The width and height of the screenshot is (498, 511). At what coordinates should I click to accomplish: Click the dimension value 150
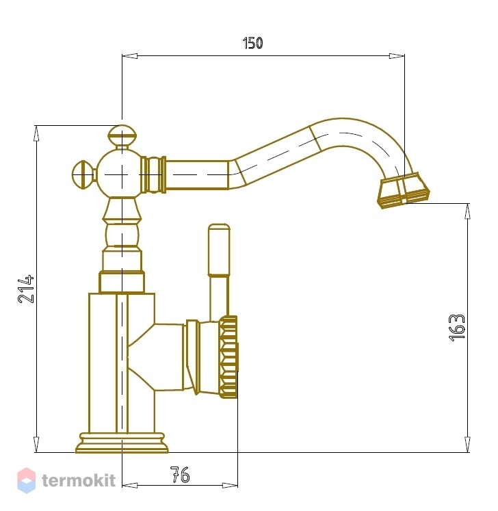click(x=252, y=43)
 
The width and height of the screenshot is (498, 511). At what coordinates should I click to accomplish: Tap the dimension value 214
click(x=26, y=289)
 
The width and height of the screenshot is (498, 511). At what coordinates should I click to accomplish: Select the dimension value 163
click(x=456, y=328)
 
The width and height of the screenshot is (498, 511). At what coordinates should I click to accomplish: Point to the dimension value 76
click(x=180, y=475)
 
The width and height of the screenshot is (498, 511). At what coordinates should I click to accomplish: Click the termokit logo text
click(x=79, y=480)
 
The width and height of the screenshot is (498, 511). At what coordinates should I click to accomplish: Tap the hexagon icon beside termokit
click(x=27, y=480)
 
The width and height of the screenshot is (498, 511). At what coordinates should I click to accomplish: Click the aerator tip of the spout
click(x=404, y=191)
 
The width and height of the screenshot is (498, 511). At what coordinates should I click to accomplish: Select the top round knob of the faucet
click(x=122, y=136)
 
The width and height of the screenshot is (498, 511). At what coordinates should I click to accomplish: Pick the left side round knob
click(x=83, y=174)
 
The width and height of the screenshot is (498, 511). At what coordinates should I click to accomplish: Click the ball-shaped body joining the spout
click(x=120, y=174)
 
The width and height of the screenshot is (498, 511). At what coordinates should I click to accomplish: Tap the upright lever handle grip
click(x=219, y=250)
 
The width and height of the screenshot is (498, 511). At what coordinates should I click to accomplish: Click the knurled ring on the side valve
click(x=228, y=357)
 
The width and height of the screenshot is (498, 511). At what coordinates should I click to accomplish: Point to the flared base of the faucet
click(x=122, y=443)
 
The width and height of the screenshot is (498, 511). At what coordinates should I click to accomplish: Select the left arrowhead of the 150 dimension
click(x=130, y=56)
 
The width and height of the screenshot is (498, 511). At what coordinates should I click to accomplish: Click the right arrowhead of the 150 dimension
click(x=397, y=56)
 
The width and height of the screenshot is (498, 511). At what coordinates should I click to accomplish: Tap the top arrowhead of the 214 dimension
click(x=36, y=133)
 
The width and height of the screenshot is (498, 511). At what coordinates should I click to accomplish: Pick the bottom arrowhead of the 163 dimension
click(x=467, y=444)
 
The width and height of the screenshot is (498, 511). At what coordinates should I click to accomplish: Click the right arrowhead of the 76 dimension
click(x=230, y=486)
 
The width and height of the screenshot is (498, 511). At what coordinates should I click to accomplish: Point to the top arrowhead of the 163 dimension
click(x=467, y=211)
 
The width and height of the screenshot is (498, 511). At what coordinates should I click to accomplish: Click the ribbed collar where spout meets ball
click(x=153, y=174)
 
